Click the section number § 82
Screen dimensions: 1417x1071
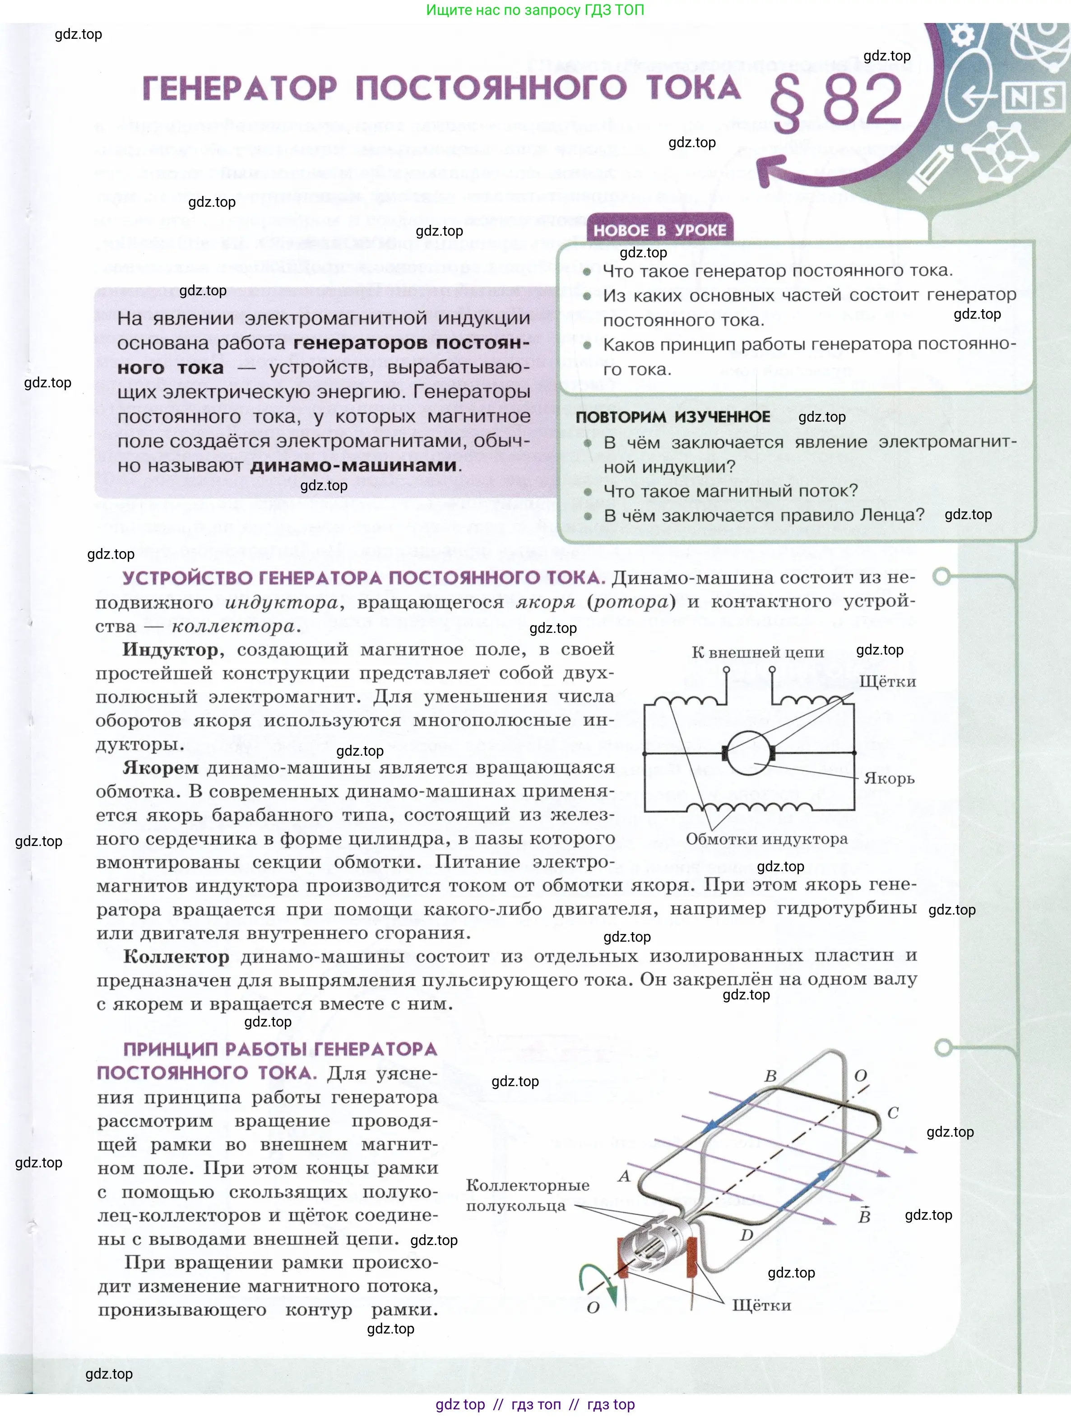tap(836, 101)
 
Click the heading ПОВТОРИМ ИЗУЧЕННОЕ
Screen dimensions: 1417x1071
tap(672, 417)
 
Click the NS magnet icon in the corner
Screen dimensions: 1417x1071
tap(1031, 98)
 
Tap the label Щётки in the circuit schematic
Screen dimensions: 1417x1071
tap(887, 682)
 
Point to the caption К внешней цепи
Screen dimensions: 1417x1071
tap(757, 653)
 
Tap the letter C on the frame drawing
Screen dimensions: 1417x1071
tap(893, 1113)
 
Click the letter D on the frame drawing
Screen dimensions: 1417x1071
tap(746, 1235)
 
